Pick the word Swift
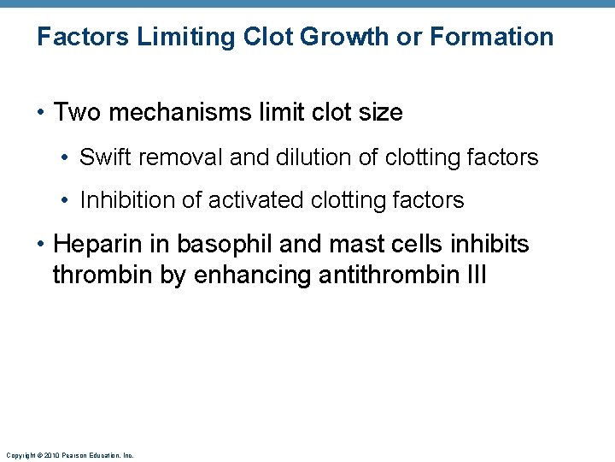(x=103, y=157)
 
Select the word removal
(x=171, y=157)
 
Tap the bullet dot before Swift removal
(x=66, y=158)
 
